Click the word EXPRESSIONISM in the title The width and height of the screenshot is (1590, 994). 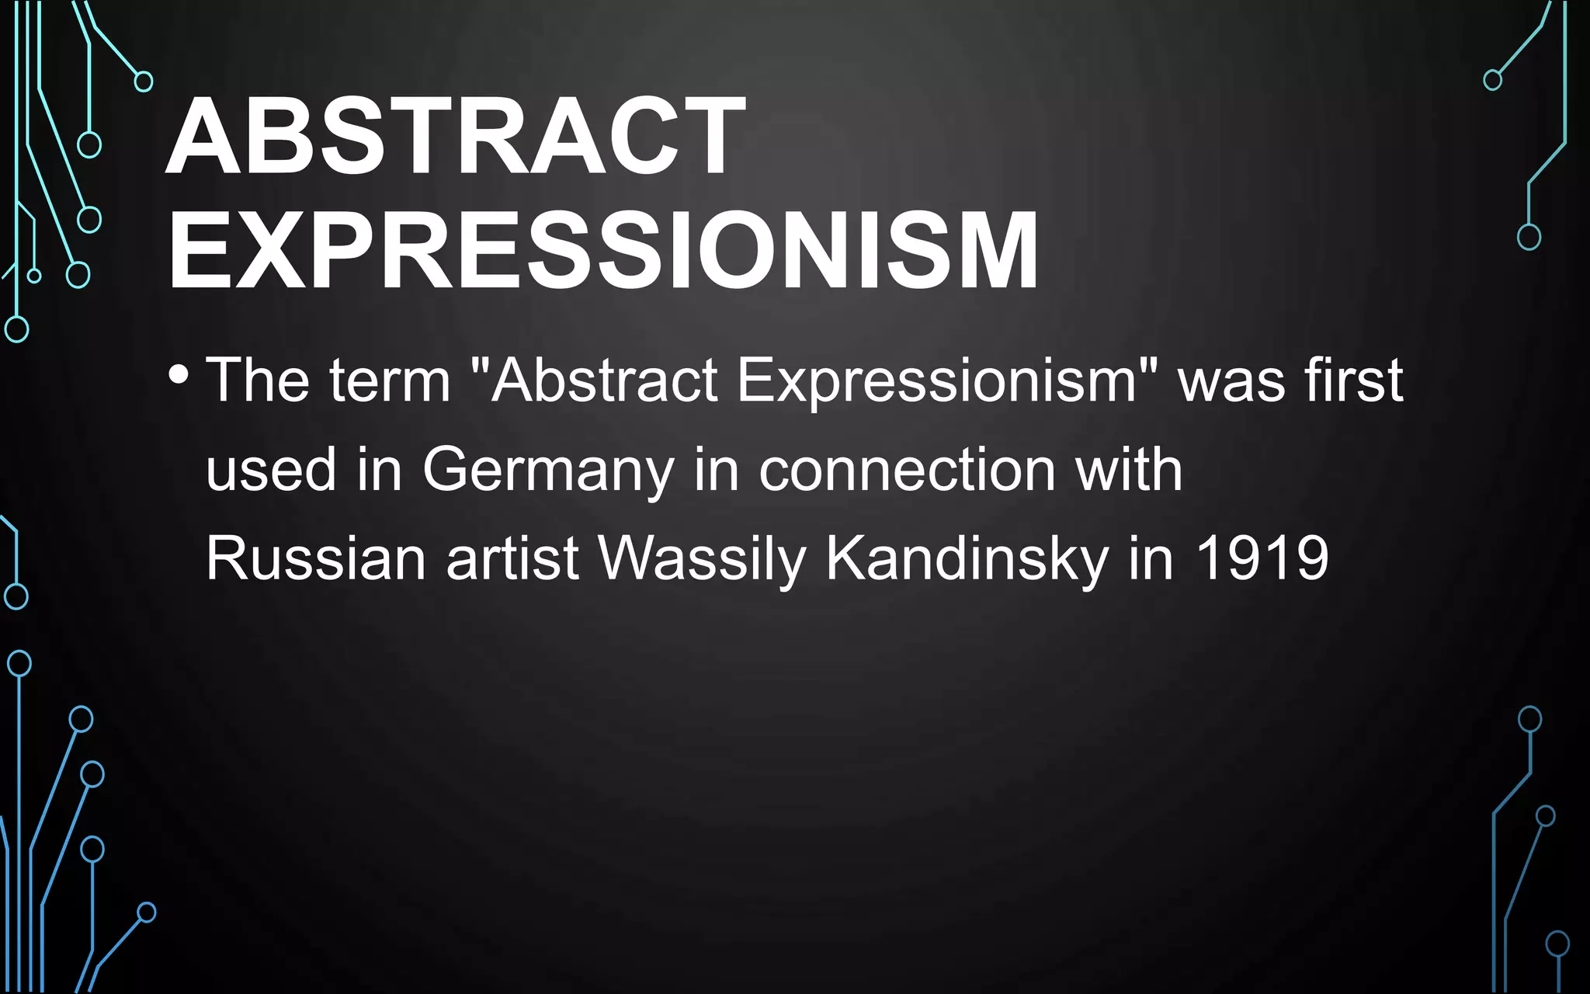[x=602, y=251]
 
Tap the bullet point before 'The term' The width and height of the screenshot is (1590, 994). [x=178, y=375]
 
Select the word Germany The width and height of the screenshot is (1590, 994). [x=548, y=471]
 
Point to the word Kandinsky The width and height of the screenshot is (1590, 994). [x=967, y=558]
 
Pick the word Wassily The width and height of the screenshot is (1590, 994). [x=702, y=558]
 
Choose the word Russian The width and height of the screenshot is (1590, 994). [x=315, y=558]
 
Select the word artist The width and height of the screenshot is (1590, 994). [x=512, y=558]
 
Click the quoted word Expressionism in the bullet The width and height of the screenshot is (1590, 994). [x=936, y=381]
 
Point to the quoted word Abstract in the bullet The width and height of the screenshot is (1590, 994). [x=604, y=380]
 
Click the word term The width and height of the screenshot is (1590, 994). [x=390, y=380]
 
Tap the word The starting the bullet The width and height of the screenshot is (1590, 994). [x=257, y=380]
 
